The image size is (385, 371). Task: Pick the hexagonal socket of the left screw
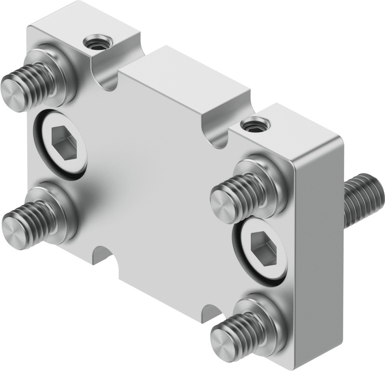coord(64,142)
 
